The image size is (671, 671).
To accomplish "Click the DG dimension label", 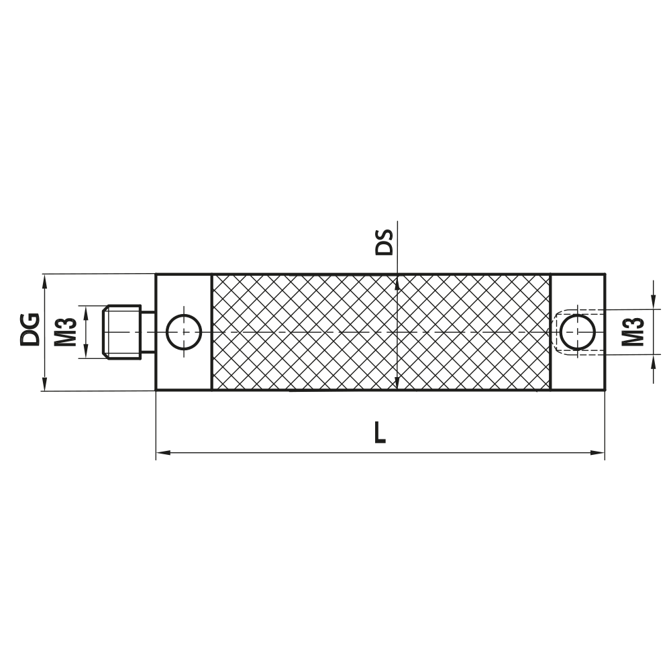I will (30, 329).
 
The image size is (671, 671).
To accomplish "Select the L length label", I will (380, 433).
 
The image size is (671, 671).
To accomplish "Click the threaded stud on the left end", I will (123, 331).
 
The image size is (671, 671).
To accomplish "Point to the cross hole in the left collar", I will (183, 331).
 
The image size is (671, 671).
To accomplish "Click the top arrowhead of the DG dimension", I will (45, 279).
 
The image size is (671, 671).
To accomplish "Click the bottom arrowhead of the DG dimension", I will (45, 385).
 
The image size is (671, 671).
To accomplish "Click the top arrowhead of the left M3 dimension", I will (85, 310).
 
